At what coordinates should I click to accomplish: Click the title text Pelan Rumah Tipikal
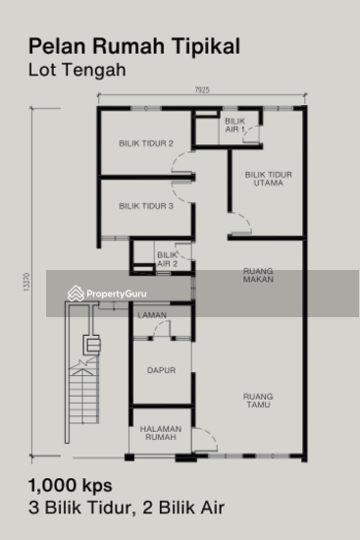134,45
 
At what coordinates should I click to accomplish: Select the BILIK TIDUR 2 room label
145,144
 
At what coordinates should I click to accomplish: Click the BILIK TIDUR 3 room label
145,206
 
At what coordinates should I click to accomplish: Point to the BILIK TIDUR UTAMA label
268,179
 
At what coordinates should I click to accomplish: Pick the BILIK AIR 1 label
234,125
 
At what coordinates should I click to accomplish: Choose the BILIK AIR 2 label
167,259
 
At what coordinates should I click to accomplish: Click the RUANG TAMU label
260,400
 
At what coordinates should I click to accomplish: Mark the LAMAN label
151,314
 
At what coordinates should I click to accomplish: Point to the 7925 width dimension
200,90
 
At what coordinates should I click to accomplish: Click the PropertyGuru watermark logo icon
75,293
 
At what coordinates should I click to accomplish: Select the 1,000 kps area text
70,486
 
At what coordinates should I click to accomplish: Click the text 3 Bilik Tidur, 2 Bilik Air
127,508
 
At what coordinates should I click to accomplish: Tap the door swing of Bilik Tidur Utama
240,223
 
